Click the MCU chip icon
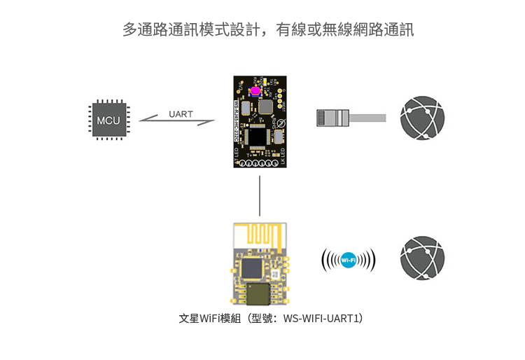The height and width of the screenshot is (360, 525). (108, 120)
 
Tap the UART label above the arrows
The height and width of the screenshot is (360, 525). (181, 113)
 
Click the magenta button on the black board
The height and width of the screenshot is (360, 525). (255, 91)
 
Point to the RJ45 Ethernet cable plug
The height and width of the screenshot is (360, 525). (333, 117)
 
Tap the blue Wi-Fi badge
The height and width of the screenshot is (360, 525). (348, 261)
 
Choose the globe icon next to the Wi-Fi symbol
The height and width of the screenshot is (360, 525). (422, 258)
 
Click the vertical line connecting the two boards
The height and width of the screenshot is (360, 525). (260, 195)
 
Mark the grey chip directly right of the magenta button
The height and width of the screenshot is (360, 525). (266, 105)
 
